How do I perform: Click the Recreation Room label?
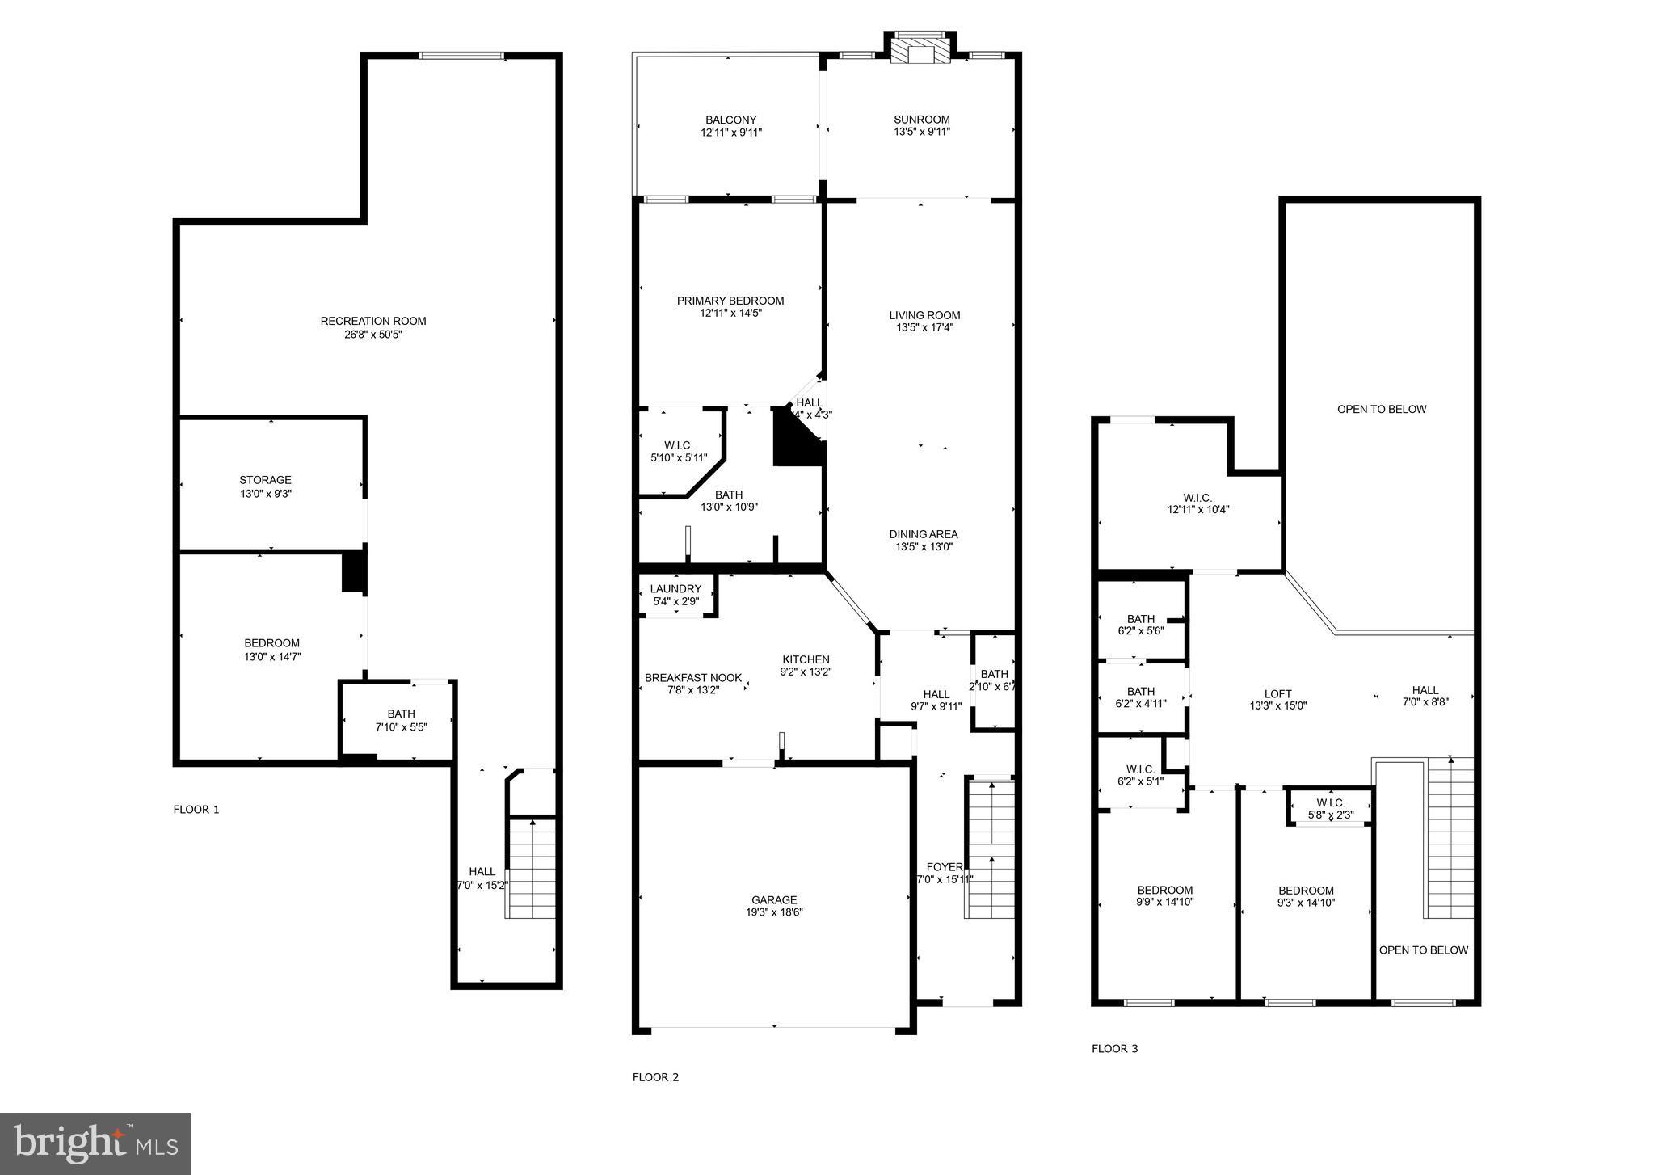(x=372, y=321)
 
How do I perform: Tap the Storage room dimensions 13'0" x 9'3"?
(x=265, y=494)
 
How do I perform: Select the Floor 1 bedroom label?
(x=271, y=643)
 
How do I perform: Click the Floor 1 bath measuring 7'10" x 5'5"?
(x=401, y=720)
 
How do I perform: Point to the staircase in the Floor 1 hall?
(x=531, y=869)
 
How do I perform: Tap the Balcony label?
(x=730, y=120)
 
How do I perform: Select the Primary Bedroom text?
(x=730, y=301)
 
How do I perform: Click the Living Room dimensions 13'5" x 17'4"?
(x=924, y=328)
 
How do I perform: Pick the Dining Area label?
(x=924, y=534)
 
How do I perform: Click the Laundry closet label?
(x=675, y=589)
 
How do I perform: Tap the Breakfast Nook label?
(x=693, y=678)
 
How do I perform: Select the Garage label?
(x=774, y=899)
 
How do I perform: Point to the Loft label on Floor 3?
(x=1277, y=693)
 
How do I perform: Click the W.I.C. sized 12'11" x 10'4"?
(x=1197, y=503)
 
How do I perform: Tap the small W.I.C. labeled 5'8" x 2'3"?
(x=1330, y=809)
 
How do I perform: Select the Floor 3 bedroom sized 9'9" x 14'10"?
(x=1165, y=896)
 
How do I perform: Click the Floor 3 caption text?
(x=1114, y=1049)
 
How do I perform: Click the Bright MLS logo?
(x=95, y=1143)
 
